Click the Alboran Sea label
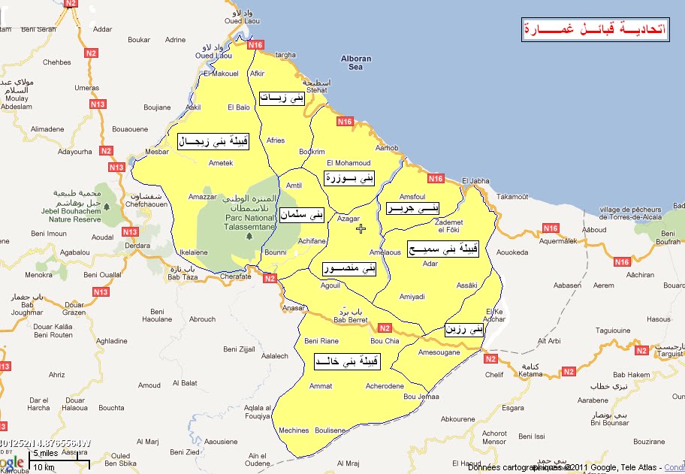(356, 62)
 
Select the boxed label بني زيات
(282, 98)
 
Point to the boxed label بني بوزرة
(349, 178)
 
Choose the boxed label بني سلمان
(302, 215)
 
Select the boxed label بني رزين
(465, 329)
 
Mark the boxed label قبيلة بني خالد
(347, 362)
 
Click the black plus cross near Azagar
(361, 228)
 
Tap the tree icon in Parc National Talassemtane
(248, 236)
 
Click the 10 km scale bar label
(44, 467)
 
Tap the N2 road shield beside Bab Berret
(385, 328)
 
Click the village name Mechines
(293, 430)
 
